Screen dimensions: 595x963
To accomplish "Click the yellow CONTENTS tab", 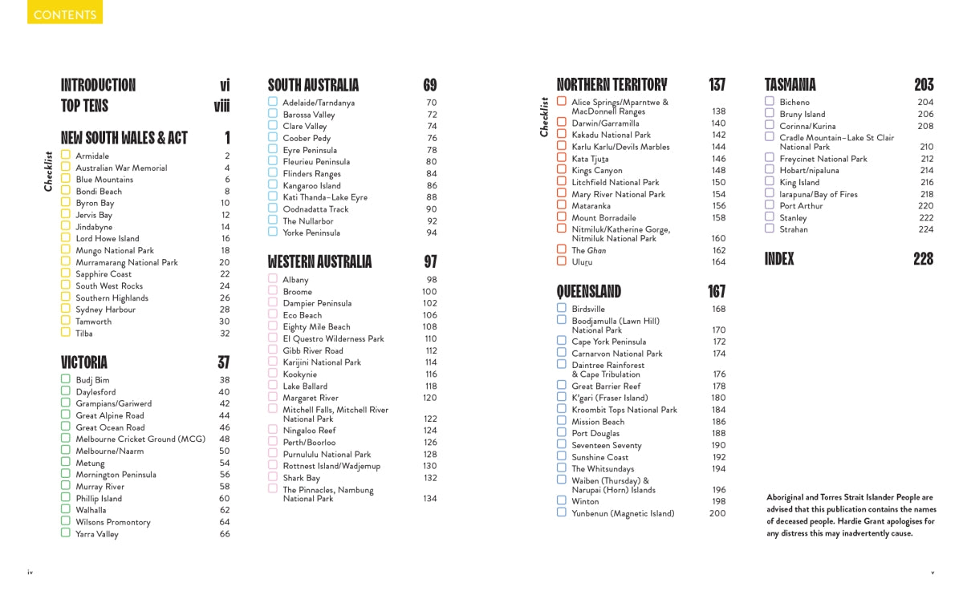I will click(x=65, y=14).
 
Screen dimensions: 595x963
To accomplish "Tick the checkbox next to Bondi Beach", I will click(x=66, y=191).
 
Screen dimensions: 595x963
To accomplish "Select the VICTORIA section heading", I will click(x=84, y=362).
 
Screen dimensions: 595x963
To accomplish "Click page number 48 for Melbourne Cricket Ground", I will click(x=224, y=439).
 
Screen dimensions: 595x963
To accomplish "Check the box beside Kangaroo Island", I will click(x=273, y=185).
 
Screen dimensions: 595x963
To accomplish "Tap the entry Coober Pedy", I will click(x=307, y=139).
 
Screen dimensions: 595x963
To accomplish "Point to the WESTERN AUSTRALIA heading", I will click(x=319, y=261).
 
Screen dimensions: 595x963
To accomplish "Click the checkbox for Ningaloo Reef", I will click(x=273, y=430).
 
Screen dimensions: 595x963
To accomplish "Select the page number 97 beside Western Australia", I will click(x=430, y=261).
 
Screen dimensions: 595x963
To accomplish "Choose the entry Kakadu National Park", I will click(x=611, y=136).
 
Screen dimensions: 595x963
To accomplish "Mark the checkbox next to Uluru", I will click(x=562, y=261).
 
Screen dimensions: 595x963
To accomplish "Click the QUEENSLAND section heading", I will click(x=589, y=291).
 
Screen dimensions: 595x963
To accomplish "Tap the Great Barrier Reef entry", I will click(x=606, y=387).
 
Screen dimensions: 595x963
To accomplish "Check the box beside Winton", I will click(x=562, y=500).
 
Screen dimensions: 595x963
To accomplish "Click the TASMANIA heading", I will click(x=790, y=85).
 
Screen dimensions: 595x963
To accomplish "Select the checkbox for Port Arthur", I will click(x=770, y=205).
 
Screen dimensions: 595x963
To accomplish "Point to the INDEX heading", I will click(x=779, y=259).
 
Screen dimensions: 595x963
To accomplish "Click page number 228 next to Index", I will click(x=923, y=259).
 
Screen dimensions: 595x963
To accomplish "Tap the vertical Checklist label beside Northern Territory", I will click(x=544, y=117).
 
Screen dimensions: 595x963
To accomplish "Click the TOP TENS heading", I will click(x=84, y=106).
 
